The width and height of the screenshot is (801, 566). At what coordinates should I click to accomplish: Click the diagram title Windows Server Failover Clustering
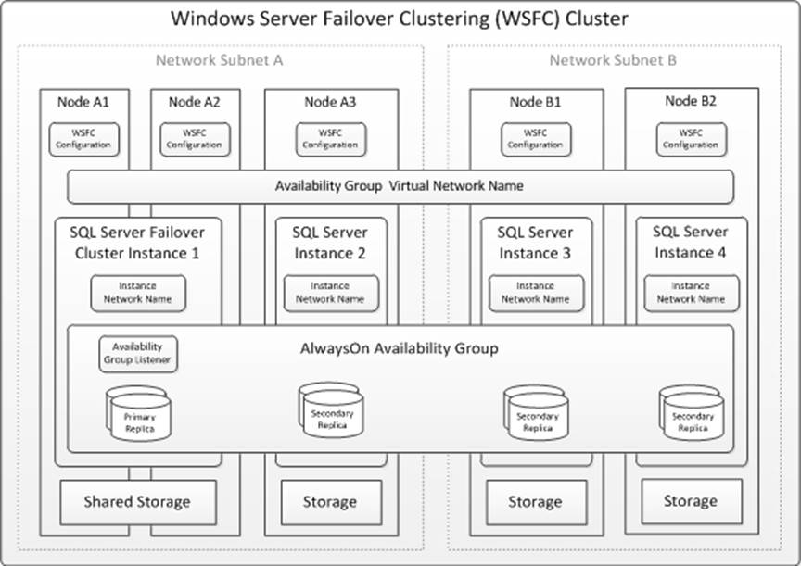(400, 18)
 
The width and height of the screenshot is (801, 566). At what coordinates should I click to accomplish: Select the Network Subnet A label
(219, 60)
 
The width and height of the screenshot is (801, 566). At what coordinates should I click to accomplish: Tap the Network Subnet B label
(613, 60)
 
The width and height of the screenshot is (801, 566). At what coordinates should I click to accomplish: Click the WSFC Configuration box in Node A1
(85, 139)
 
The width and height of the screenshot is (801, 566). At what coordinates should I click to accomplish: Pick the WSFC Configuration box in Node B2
(692, 139)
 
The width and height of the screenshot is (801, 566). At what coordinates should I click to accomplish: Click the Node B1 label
(535, 102)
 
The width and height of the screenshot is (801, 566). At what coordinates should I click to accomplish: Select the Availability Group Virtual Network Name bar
(400, 186)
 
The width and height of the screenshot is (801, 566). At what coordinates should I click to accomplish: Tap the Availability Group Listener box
(138, 354)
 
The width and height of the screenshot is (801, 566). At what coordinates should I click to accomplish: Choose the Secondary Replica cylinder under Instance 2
(331, 413)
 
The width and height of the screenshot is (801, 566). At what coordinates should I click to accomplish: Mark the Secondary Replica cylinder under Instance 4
(692, 415)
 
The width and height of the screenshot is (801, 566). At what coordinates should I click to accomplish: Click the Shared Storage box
(137, 502)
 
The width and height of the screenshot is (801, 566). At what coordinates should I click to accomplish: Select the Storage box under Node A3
(330, 502)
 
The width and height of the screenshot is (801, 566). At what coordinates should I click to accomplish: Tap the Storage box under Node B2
(691, 501)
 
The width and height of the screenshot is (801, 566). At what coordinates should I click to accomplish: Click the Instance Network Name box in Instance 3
(535, 293)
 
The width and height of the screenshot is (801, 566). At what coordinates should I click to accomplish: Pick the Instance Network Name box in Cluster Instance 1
(137, 293)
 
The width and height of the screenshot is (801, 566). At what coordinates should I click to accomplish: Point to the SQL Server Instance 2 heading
(330, 243)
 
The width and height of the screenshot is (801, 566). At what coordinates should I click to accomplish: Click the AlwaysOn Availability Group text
(400, 349)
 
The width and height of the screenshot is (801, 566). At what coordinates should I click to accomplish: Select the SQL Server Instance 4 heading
(691, 241)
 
